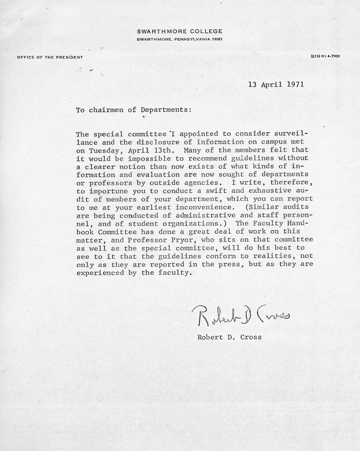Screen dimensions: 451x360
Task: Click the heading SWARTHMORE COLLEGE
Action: [180, 31]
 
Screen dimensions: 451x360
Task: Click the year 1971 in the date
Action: [296, 84]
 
